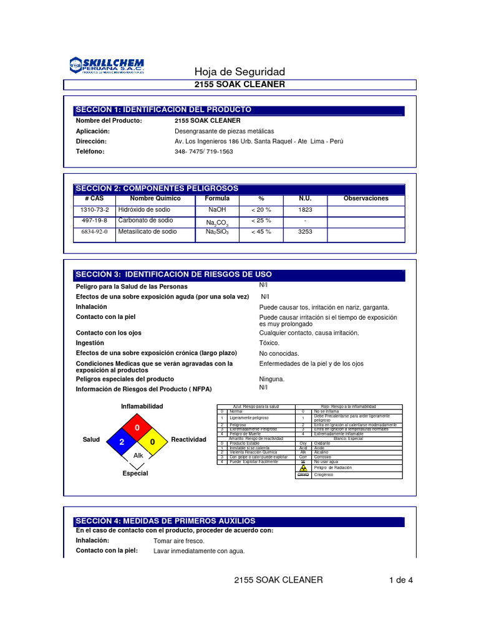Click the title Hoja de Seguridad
[239, 72]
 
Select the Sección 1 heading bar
[239, 110]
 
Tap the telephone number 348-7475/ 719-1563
[203, 151]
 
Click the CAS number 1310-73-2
[95, 210]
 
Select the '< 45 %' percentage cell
[261, 232]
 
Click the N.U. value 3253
[305, 232]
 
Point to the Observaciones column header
[365, 198]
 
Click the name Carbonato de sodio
[147, 221]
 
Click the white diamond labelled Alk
[138, 456]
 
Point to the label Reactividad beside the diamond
[188, 439]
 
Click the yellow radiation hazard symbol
[303, 467]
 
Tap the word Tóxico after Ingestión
[269, 343]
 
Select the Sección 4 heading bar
[239, 521]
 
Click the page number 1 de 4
[400, 580]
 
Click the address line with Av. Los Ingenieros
[259, 141]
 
